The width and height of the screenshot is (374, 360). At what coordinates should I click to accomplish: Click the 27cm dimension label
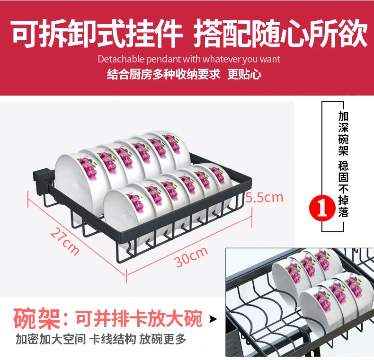point(64,241)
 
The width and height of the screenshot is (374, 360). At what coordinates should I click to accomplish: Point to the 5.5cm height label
point(264,197)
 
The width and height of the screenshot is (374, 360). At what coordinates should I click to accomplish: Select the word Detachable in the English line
point(121,59)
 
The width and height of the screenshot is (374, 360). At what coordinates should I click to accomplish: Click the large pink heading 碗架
point(37,319)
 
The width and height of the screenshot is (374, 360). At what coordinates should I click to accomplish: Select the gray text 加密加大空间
point(51,339)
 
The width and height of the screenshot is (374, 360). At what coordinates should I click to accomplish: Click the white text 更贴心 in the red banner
point(244,74)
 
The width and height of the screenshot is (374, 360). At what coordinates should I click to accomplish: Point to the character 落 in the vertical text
point(343,212)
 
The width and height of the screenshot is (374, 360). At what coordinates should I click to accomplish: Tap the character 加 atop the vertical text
point(343,116)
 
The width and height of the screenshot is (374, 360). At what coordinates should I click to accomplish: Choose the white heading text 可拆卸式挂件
point(98,33)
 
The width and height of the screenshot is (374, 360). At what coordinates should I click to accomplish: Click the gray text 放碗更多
point(162,339)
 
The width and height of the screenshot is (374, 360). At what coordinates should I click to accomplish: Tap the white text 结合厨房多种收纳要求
point(163,74)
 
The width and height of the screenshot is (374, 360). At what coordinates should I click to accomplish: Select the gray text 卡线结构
point(112,339)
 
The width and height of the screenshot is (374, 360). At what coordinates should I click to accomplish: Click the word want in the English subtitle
point(270,60)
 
